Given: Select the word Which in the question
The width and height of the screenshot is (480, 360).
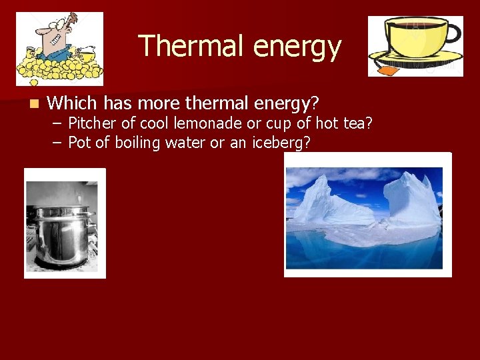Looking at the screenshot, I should click(x=73, y=103).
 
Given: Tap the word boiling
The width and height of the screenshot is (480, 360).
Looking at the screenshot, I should click(x=138, y=143).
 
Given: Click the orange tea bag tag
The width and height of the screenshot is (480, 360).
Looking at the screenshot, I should click(x=386, y=68).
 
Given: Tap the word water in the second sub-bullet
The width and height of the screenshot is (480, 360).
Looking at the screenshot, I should click(x=188, y=143).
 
